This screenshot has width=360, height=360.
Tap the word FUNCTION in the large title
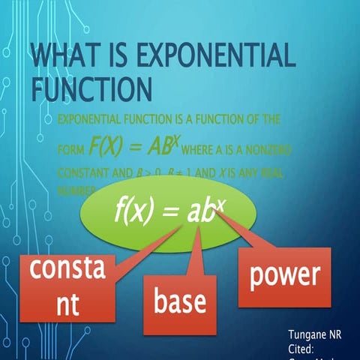(91, 88)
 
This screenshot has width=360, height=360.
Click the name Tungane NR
(314, 334)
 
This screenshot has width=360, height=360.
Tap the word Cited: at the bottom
(304, 348)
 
